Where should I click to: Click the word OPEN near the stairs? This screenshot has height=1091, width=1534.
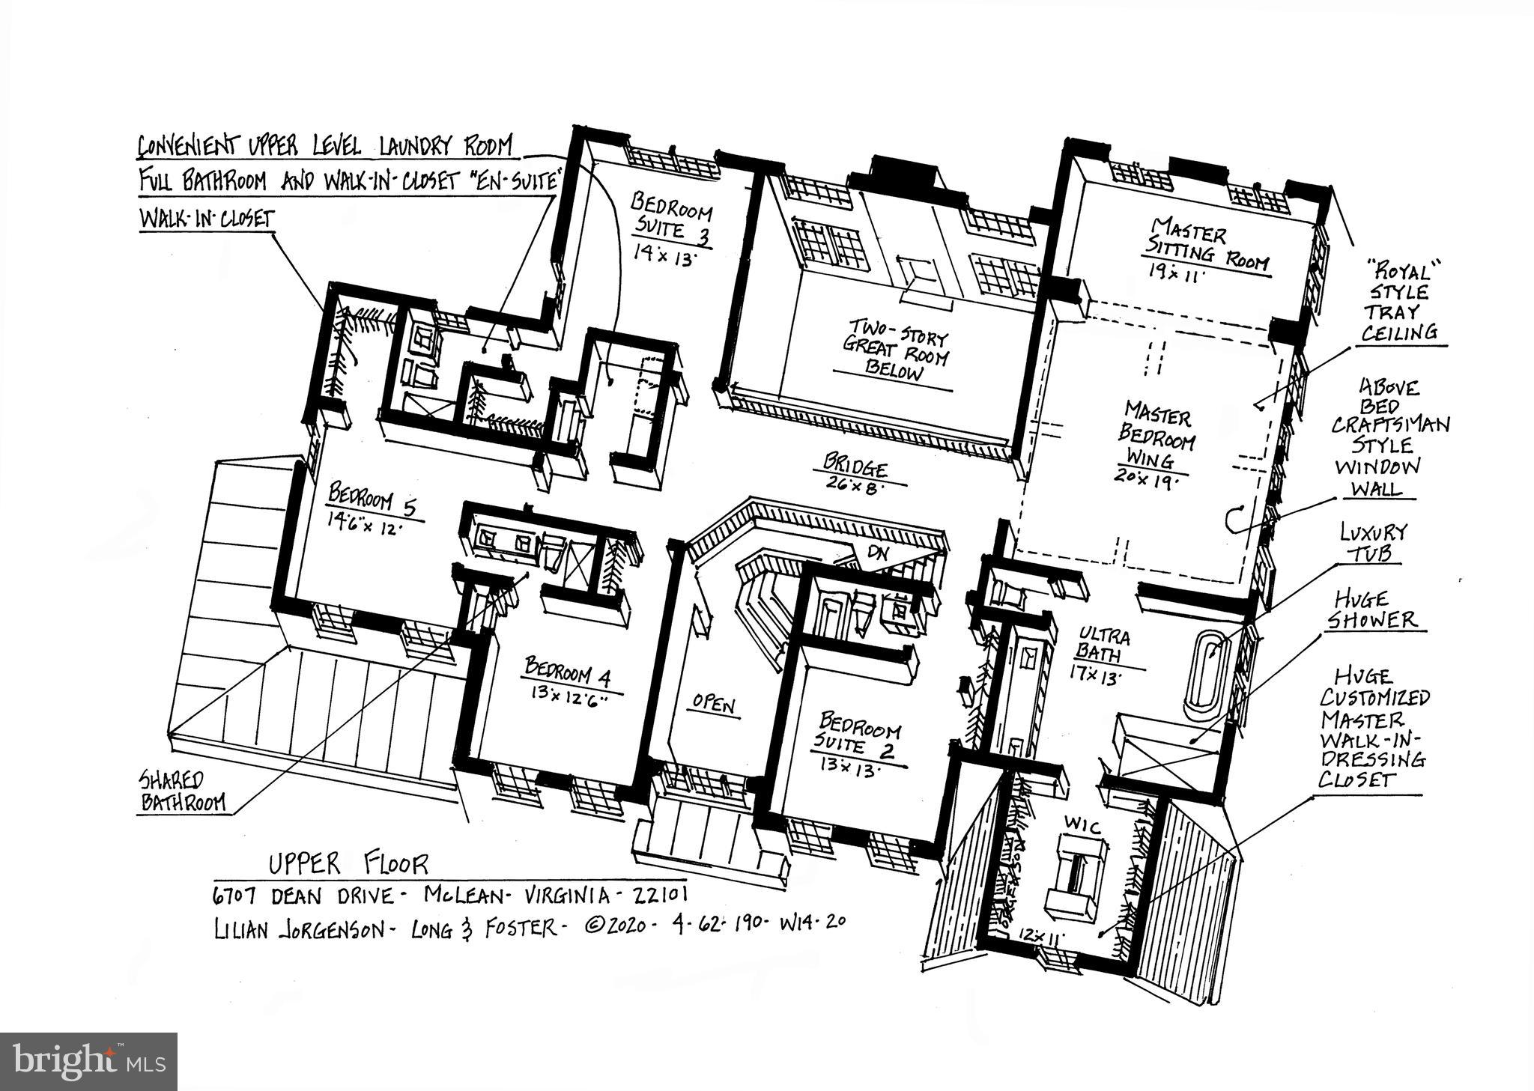click(713, 704)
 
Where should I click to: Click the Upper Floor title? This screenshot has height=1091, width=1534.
click(348, 864)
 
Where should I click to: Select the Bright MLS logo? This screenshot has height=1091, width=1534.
click(88, 1061)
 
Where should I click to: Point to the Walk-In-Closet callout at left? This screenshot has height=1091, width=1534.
click(207, 219)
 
